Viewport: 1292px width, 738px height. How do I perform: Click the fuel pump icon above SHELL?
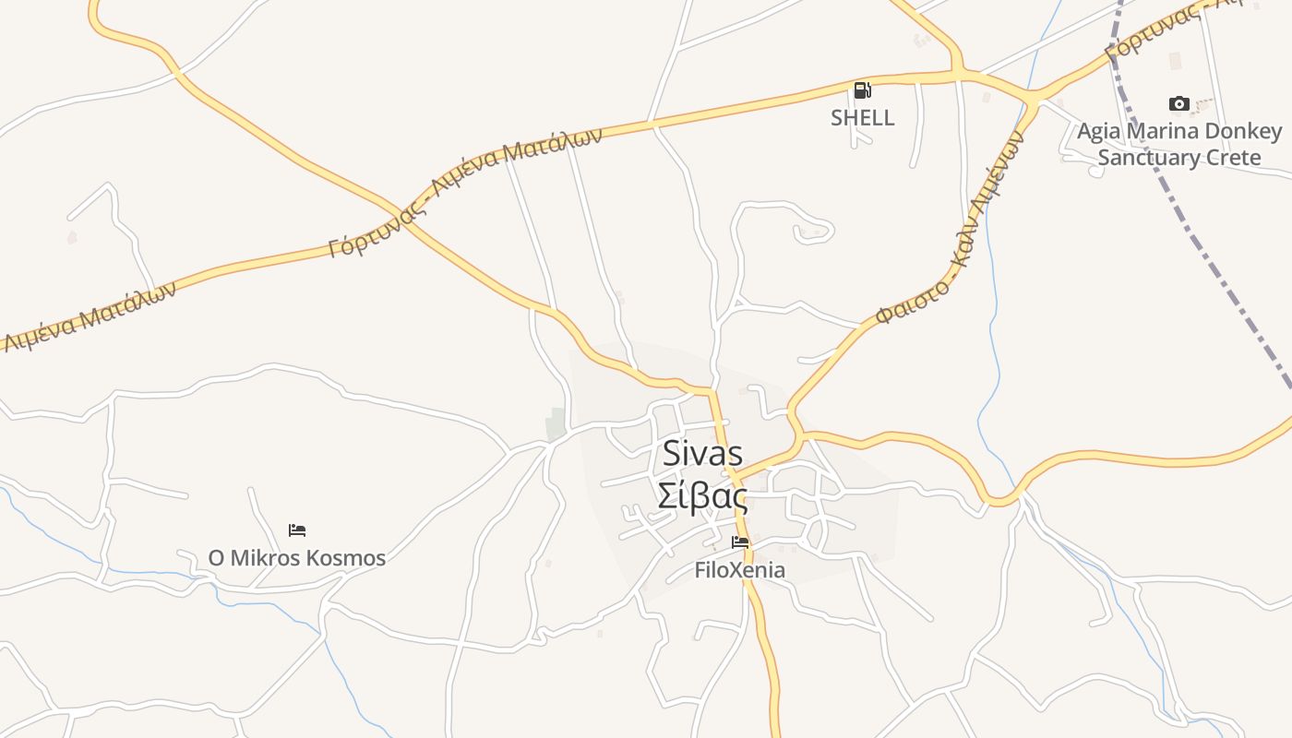coord(862,90)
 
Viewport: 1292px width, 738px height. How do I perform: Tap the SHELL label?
coord(862,118)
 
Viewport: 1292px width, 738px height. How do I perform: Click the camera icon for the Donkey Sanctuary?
coord(1178,103)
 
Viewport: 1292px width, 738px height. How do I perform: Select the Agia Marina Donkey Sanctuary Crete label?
coord(1179,144)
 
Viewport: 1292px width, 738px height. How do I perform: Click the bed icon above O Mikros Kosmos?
coord(297,530)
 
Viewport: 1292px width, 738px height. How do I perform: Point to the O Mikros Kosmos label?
coord(296,558)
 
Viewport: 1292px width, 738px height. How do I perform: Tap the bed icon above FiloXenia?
coord(740,542)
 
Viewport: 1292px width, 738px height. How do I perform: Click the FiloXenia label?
coord(740,570)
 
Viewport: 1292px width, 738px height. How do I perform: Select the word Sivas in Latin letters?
coord(702,454)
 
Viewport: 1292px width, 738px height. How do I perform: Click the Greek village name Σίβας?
coord(702,496)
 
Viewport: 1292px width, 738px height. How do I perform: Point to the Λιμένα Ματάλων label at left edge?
coord(88,317)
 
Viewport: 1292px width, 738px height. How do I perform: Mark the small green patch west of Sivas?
coord(556,423)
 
